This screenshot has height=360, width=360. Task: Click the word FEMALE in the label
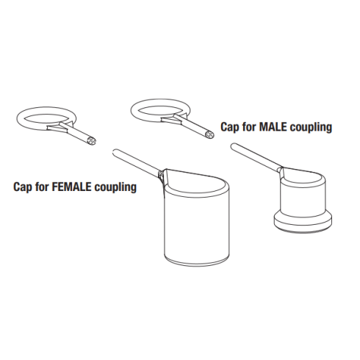point(72,187)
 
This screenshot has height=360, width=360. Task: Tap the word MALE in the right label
point(273,127)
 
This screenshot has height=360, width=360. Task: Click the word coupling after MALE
point(311,127)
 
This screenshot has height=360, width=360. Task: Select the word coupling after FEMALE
point(115,187)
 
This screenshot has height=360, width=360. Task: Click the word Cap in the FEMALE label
point(23,187)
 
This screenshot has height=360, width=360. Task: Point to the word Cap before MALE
point(229,127)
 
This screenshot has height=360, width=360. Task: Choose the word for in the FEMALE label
point(42,187)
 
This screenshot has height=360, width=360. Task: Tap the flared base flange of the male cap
point(303,222)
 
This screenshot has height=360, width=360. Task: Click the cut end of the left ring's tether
point(92,141)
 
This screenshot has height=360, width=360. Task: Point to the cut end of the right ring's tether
point(210,134)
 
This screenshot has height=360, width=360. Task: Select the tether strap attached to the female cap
point(137,161)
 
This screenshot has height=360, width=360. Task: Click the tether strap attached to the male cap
point(256,156)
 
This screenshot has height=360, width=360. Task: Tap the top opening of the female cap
point(196,182)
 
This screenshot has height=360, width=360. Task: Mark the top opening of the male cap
point(303,175)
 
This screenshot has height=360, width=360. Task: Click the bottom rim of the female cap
point(197,262)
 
